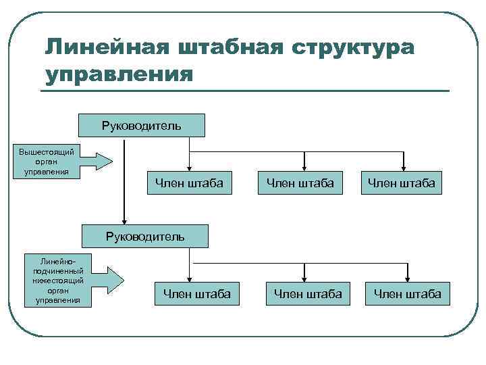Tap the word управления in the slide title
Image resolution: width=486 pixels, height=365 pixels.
point(119,73)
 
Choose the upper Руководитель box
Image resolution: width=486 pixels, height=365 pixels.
point(142,126)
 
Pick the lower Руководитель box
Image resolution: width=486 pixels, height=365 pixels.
point(144,236)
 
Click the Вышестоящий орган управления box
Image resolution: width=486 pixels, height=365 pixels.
point(47,161)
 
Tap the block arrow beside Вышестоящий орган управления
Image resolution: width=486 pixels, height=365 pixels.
point(96,161)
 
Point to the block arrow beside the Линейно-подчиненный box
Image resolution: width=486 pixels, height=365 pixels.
point(107,277)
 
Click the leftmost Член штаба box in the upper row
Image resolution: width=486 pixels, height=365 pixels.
point(189,182)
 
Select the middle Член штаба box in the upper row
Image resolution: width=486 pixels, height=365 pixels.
point(300,182)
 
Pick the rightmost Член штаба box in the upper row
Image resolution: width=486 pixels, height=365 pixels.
point(402,182)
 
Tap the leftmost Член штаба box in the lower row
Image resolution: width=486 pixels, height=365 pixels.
point(197,293)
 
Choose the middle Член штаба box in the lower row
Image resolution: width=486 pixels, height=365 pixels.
point(308,293)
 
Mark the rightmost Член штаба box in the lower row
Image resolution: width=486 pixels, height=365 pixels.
point(408,293)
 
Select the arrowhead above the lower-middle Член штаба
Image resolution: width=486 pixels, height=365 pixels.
point(305,276)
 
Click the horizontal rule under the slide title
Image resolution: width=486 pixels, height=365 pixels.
point(246,91)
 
